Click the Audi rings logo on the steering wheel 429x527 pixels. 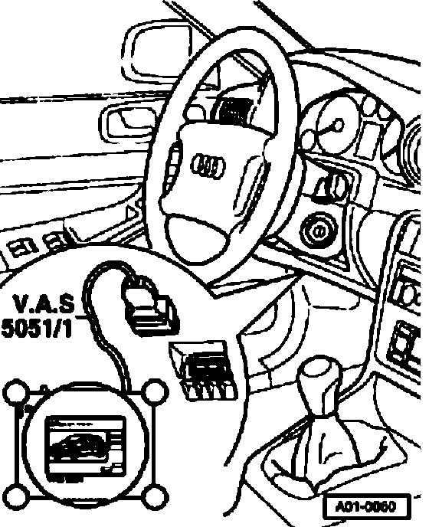[208, 165]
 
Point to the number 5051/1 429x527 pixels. [37, 327]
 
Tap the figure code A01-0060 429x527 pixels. [367, 506]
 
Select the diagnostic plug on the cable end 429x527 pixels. [151, 306]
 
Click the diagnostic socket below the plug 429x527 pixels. [204, 369]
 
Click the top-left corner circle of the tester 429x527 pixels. [16, 391]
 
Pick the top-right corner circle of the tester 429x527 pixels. [154, 391]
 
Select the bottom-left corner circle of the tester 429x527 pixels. [16, 496]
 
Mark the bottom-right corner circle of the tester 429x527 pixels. [154, 496]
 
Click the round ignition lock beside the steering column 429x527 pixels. [318, 231]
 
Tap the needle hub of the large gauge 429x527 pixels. [338, 125]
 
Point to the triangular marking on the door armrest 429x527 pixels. [132, 214]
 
